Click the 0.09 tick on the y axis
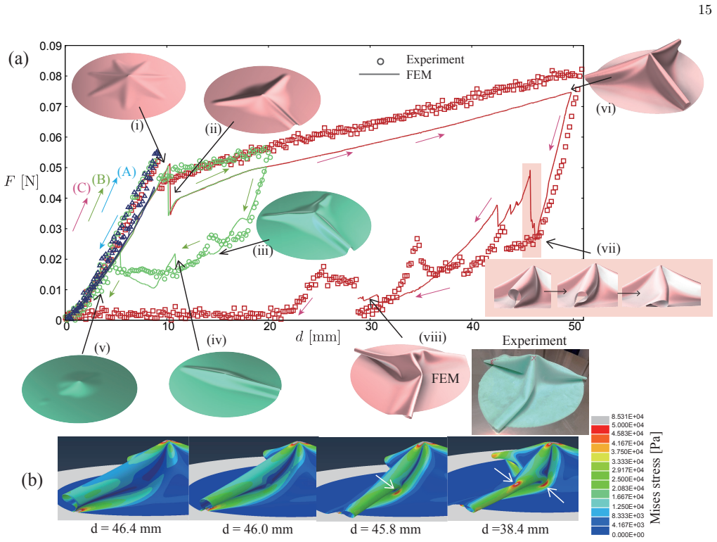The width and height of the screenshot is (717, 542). click(x=51, y=46)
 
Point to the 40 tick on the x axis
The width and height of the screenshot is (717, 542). click(x=473, y=326)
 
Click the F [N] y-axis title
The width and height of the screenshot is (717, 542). click(x=21, y=182)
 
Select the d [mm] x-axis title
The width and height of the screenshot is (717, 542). click(x=318, y=337)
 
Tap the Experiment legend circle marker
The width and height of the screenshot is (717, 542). click(x=380, y=61)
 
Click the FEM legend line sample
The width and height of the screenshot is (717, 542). click(x=379, y=74)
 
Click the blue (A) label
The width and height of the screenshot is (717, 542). click(x=127, y=172)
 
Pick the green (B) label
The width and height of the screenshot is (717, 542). click(x=101, y=179)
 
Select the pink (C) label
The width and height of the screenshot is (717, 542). click(x=82, y=188)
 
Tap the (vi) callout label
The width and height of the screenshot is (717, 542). click(x=605, y=109)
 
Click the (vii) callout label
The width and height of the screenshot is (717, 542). click(x=609, y=248)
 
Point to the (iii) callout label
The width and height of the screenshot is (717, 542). click(x=263, y=251)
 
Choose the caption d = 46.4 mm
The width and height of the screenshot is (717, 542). click(x=126, y=529)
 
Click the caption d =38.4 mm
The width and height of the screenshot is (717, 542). click(x=515, y=529)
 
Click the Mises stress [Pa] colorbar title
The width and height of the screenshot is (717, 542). click(x=656, y=477)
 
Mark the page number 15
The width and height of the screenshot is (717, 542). click(x=705, y=10)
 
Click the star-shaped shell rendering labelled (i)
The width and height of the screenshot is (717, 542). click(x=129, y=86)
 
